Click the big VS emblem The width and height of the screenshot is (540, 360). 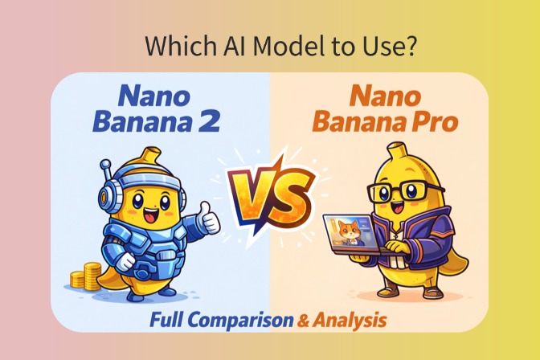click(x=268, y=191)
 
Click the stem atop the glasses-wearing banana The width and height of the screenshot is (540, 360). click(x=394, y=152)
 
